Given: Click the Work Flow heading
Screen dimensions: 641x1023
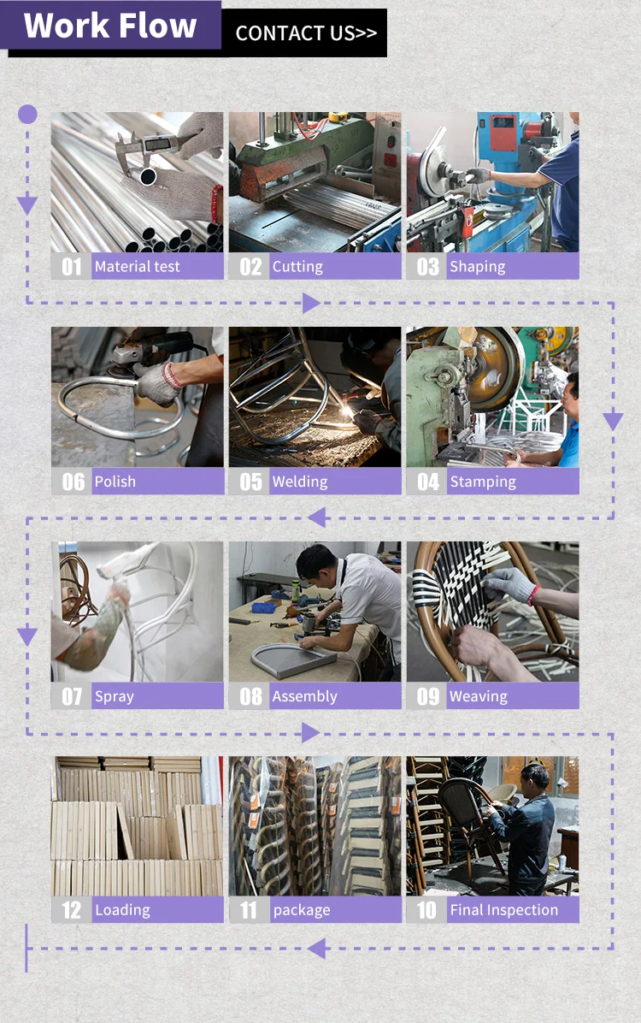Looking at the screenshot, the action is click(109, 26).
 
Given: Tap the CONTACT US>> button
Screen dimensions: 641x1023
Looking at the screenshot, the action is click(305, 33).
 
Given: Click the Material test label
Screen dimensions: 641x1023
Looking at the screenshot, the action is click(137, 266).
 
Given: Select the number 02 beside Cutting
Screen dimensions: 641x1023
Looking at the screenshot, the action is click(250, 267).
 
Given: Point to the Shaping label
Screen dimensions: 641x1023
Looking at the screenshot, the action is click(477, 267).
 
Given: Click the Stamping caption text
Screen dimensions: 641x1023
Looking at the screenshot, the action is click(483, 482).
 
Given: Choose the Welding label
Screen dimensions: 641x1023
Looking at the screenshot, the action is click(299, 482).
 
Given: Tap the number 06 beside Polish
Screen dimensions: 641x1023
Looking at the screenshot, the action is click(73, 482).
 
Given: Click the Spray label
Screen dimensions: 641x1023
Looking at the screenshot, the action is click(115, 697).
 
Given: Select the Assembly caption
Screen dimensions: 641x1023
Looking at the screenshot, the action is click(304, 697).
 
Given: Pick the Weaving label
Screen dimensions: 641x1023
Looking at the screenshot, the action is click(478, 697).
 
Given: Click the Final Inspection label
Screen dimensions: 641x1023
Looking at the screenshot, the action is click(503, 910).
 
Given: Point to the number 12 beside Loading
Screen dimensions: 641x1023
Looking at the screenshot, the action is click(72, 910).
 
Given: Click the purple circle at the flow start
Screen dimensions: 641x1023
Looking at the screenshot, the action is click(27, 114).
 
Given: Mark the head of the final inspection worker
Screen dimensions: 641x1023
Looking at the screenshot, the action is click(535, 778).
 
